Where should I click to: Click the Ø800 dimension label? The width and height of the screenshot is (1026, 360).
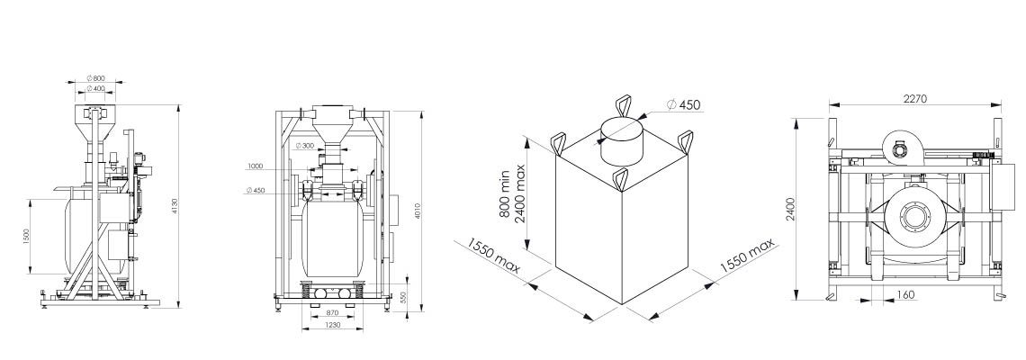click(x=96, y=79)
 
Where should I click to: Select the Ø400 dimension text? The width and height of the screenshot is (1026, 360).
click(x=96, y=88)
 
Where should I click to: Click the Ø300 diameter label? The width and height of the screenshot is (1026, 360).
click(x=305, y=146)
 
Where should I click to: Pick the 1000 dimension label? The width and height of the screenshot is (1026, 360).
click(x=256, y=166)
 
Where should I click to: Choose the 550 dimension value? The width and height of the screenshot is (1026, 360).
click(x=404, y=298)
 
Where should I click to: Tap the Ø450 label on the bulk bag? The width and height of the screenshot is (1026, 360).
click(x=683, y=105)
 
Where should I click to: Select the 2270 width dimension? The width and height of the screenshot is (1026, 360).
click(x=914, y=100)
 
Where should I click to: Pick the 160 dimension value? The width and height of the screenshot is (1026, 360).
click(x=905, y=294)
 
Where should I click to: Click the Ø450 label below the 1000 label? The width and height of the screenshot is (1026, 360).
click(x=256, y=190)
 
